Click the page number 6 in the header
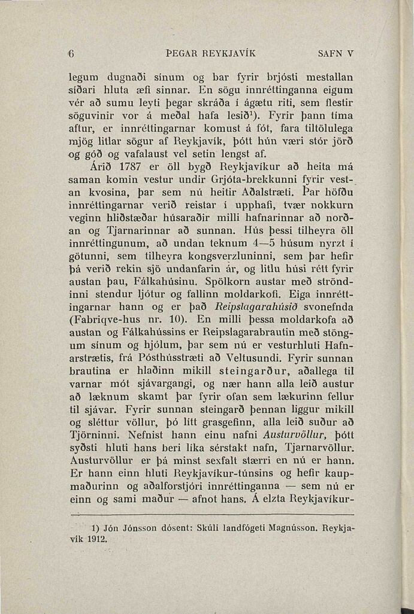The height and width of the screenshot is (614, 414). click(x=71, y=53)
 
